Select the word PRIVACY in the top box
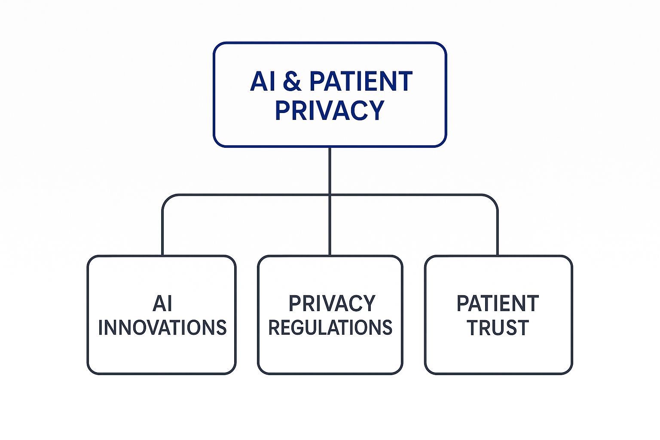tap(330, 110)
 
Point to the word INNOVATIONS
tap(162, 328)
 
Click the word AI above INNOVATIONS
tap(162, 304)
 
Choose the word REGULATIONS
tap(330, 328)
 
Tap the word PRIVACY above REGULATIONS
tap(332, 304)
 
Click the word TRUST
tap(498, 328)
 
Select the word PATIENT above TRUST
tap(498, 304)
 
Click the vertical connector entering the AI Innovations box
tap(162, 232)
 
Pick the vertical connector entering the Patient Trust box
tap(498, 232)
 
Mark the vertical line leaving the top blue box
tap(330, 170)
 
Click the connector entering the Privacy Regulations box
tap(330, 228)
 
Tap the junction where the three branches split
tap(330, 195)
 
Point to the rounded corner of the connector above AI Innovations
tap(166, 199)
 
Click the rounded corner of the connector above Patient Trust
tap(494, 199)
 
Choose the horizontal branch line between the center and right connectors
tap(412, 195)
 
